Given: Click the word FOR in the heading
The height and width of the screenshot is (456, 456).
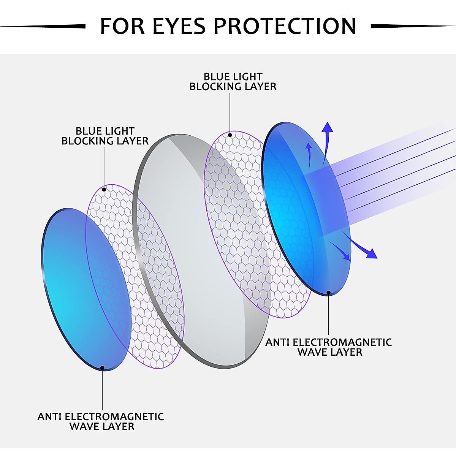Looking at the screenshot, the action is pos(122,26).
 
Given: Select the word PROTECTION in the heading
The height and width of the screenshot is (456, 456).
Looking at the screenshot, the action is pos(285,26).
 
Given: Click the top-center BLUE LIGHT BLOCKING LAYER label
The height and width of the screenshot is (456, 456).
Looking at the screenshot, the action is pos(233,82).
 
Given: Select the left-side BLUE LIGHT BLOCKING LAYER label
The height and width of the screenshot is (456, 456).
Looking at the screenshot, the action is pos(105,136).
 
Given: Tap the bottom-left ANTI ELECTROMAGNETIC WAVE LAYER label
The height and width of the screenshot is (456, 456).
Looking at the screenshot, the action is pos(101,421).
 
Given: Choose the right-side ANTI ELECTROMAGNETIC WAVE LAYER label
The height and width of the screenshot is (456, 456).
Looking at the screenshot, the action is pos(329,347).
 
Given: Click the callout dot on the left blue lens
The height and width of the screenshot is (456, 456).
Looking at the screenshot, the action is pos(102,367).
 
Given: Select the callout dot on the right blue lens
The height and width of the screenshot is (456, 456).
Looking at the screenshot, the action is pos(328,292).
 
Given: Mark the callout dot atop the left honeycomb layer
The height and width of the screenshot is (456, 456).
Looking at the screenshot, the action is pos(104,188).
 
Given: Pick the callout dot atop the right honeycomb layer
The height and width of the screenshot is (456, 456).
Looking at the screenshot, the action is pos(230,135).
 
